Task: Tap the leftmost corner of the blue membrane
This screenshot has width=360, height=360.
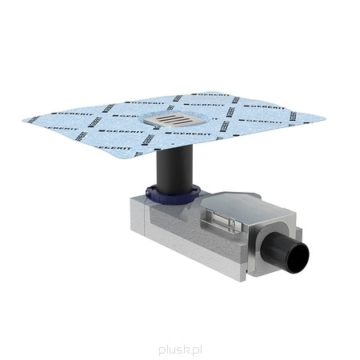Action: (x=26, y=121)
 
